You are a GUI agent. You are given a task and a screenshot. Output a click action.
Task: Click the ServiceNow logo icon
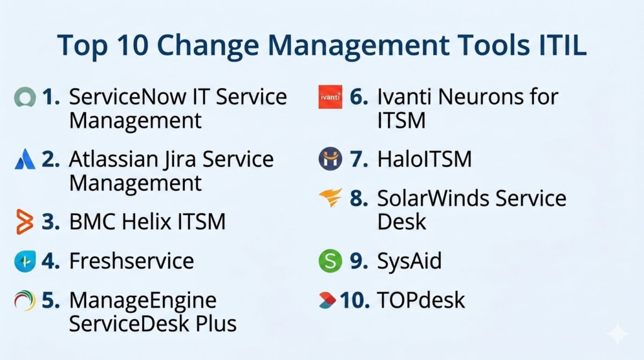[25, 98]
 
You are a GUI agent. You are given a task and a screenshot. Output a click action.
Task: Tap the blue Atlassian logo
[25, 159]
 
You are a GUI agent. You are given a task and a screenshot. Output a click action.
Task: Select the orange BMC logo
[25, 222]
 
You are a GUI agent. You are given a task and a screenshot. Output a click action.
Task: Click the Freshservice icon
[25, 261]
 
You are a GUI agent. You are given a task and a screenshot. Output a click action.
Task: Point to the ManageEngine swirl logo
[25, 300]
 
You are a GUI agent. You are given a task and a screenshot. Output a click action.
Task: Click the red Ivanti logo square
[330, 97]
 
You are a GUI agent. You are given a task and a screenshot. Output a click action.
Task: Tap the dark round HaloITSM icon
[330, 159]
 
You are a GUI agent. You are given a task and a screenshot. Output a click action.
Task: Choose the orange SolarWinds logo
[331, 198]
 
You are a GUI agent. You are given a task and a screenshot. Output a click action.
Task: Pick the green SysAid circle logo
[330, 261]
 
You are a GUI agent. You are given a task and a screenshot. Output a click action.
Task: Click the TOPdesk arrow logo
[327, 300]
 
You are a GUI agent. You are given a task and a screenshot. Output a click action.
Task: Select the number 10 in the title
[132, 45]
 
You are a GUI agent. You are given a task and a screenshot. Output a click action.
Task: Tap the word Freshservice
[131, 261]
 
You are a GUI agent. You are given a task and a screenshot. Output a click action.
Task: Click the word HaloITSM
[425, 159]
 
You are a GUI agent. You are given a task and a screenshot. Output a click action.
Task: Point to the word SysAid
[409, 261]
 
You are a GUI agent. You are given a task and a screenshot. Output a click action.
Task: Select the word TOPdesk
[421, 300]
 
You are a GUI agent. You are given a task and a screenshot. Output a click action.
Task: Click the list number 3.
[50, 222]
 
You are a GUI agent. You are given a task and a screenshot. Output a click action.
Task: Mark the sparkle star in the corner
[618, 334]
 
